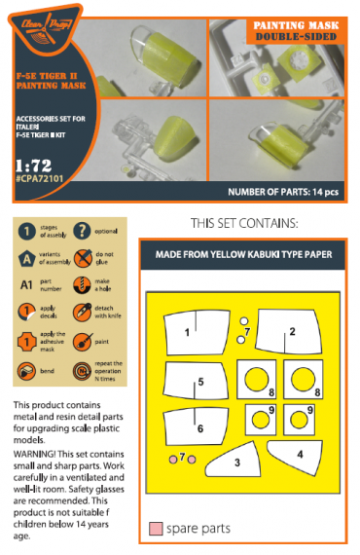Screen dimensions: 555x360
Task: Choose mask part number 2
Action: coord(291,331)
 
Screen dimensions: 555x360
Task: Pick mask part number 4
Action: coord(301,454)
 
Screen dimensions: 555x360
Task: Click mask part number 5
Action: coord(199,382)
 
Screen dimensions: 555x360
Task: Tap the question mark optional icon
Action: coord(82,233)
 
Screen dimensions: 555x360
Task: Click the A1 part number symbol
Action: coord(28,286)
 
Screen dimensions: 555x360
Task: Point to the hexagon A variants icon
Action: coord(28,259)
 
